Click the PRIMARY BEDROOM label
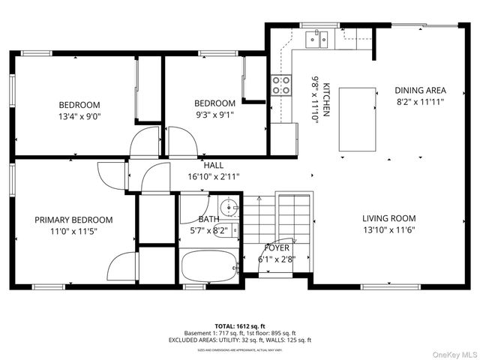(x=73, y=220)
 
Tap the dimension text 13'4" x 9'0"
(x=79, y=116)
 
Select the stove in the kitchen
(x=281, y=85)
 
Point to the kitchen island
(x=357, y=119)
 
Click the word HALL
(x=213, y=166)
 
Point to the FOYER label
(x=277, y=247)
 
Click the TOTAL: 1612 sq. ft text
(x=240, y=325)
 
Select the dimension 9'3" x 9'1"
(x=214, y=115)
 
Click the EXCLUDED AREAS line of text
(x=240, y=340)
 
